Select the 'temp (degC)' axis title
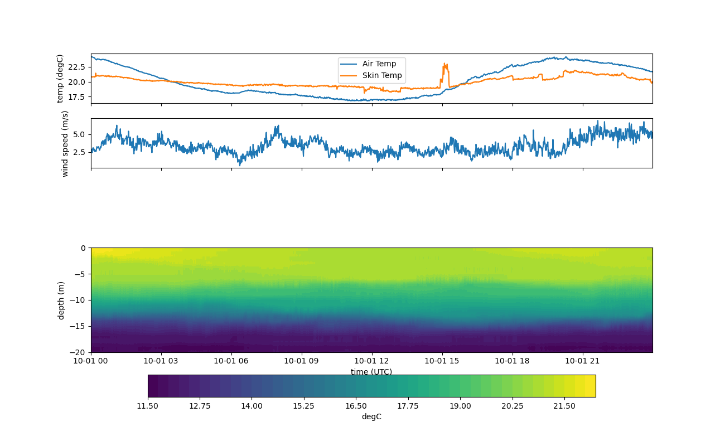[60, 79]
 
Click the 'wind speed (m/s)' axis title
[65, 143]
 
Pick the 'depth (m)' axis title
[61, 300]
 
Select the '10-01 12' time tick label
[371, 361]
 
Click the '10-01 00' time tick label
[91, 361]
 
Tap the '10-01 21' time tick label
[583, 361]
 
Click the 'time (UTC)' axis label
[371, 372]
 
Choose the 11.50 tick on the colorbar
[148, 406]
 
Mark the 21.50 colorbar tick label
[564, 406]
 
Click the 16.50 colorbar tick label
[356, 406]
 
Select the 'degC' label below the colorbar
[371, 417]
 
